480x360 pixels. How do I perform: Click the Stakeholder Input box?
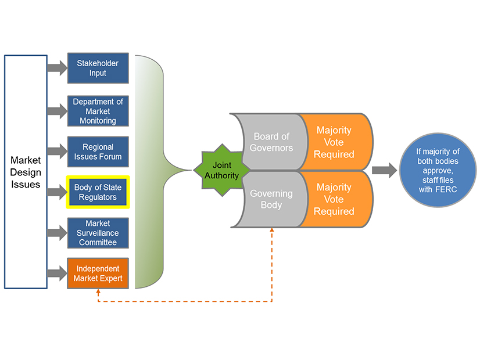(98, 68)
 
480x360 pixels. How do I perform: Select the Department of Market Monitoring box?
(98, 111)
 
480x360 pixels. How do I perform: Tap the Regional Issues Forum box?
(98, 152)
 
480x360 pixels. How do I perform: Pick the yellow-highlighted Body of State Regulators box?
(98, 192)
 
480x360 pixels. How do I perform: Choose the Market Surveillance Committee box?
(98, 233)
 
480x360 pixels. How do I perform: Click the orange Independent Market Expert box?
(98, 273)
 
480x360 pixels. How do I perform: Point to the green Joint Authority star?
(221, 170)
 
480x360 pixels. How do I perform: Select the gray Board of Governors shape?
(270, 142)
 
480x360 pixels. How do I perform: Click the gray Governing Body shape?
(270, 199)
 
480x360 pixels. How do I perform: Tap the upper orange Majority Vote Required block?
(334, 142)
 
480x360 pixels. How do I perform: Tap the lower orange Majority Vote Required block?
(334, 199)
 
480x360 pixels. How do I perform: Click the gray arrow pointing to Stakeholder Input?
(57, 68)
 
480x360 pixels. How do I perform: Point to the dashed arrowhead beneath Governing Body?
(272, 230)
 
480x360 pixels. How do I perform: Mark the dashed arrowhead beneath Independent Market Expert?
(98, 292)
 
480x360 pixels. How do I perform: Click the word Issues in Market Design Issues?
(26, 185)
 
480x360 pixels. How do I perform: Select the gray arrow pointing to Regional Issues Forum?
(57, 152)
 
